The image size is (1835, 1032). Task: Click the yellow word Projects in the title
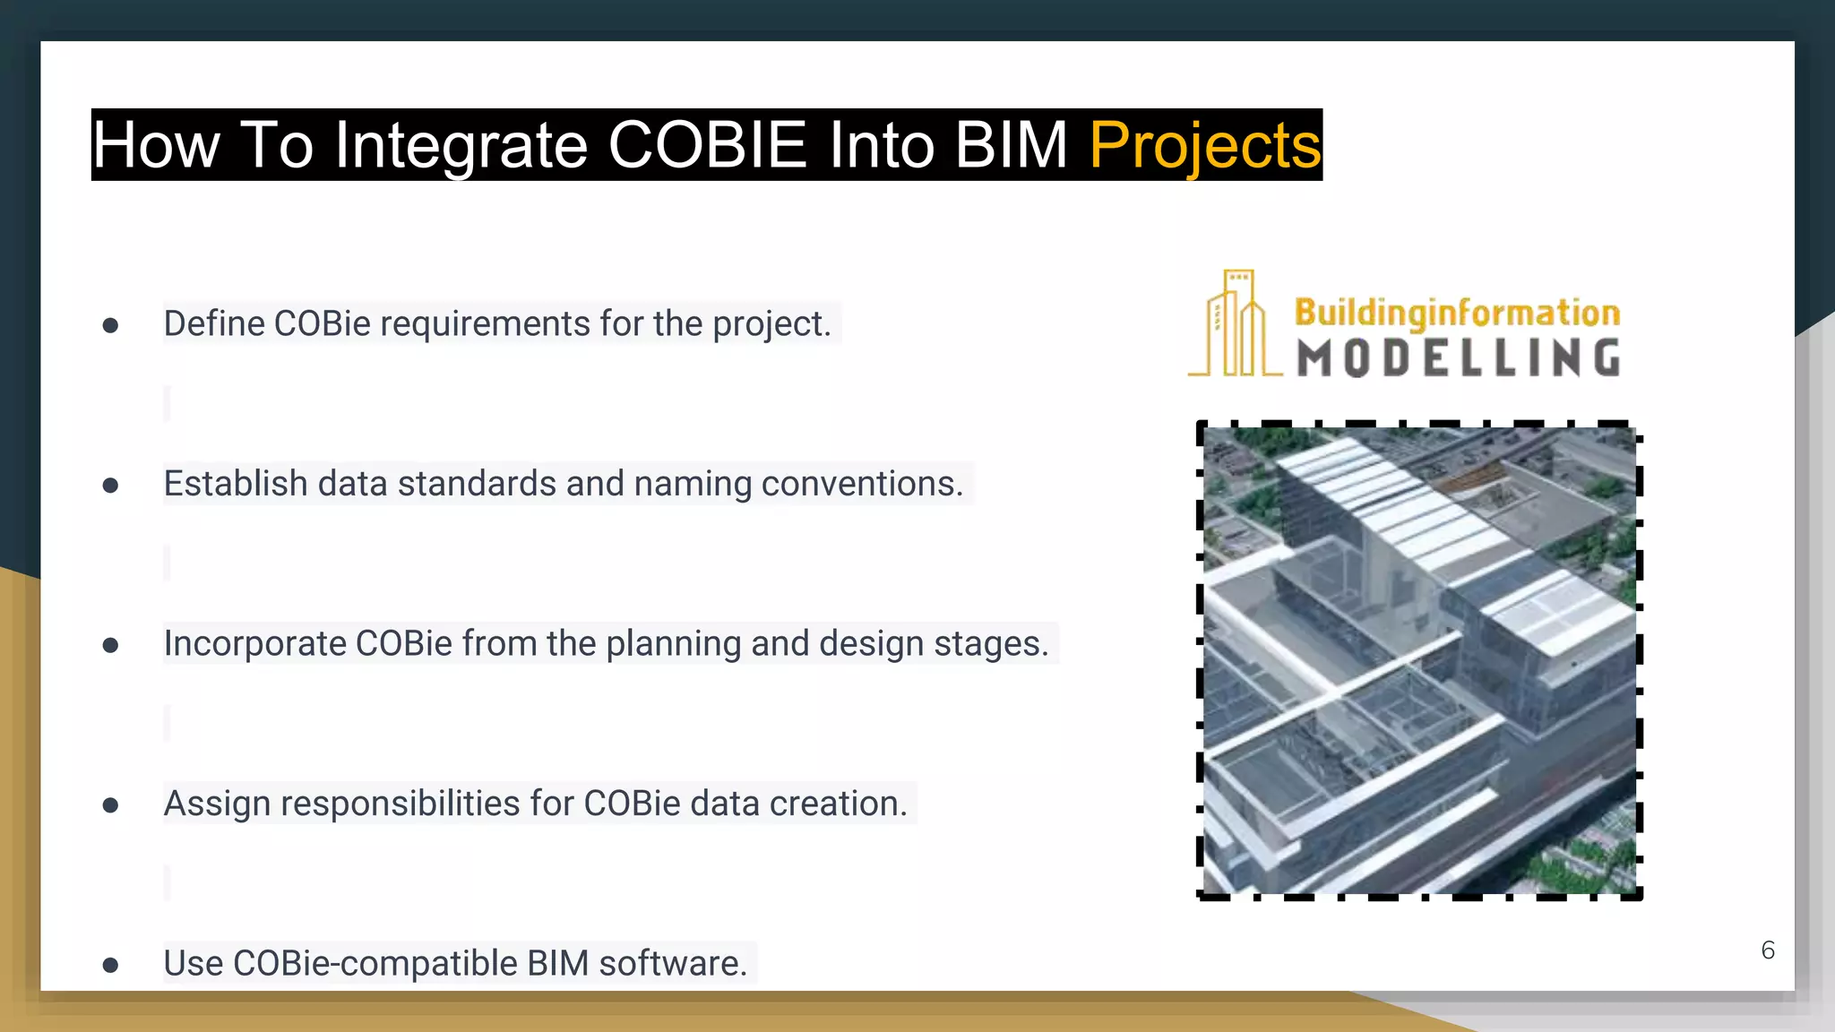click(1204, 145)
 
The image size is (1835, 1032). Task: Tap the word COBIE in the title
click(707, 145)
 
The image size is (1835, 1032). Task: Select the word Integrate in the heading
click(460, 145)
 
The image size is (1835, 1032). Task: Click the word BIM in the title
click(1011, 145)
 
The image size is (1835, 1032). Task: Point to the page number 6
click(1767, 950)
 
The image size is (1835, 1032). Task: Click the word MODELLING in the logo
click(1459, 357)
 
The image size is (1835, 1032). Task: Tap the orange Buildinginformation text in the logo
click(1457, 313)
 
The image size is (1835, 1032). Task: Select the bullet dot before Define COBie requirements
click(110, 325)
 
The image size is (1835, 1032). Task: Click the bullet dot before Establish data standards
click(110, 486)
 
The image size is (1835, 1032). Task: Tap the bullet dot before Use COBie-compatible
click(110, 965)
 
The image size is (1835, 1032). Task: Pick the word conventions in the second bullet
click(861, 484)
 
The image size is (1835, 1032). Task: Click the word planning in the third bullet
click(673, 644)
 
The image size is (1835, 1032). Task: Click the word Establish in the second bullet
click(236, 484)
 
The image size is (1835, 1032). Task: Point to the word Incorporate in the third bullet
click(254, 644)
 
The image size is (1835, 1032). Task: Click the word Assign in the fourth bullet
click(216, 804)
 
